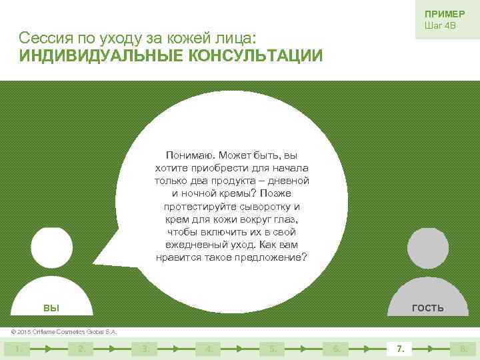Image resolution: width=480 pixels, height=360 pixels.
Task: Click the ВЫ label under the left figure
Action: click(x=51, y=308)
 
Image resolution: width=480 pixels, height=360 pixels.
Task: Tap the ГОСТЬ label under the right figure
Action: click(x=428, y=308)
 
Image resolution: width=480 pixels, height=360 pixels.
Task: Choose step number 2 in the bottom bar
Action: click(x=80, y=348)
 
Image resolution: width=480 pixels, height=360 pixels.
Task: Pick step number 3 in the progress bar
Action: click(x=144, y=348)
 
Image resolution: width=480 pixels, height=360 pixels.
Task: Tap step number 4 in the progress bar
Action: click(x=208, y=348)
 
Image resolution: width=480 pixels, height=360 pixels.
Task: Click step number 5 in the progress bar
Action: click(x=272, y=348)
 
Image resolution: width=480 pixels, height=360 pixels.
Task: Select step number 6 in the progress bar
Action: click(x=336, y=348)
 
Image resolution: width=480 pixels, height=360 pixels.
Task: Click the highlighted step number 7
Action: click(x=400, y=348)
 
